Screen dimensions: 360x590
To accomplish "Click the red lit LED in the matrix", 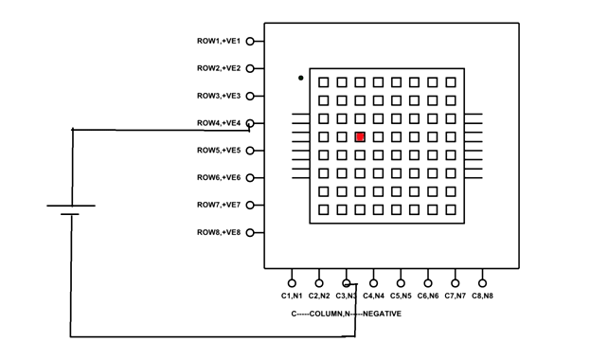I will tap(360, 137).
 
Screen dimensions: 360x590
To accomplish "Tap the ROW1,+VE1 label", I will tap(219, 41).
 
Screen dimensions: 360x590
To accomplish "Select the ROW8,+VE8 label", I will tap(219, 232).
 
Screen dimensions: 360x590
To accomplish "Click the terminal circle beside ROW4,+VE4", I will tap(250, 123).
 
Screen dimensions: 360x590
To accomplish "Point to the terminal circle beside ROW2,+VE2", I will tap(250, 68).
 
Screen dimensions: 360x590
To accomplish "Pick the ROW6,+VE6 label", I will tap(219, 177).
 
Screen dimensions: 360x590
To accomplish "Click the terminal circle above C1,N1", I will tap(292, 281).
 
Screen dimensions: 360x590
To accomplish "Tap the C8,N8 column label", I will tap(483, 296).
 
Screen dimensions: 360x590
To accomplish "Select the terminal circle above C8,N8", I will tap(483, 281).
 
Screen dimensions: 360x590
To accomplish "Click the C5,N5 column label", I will tap(401, 296).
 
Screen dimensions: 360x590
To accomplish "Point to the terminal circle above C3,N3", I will tap(347, 281).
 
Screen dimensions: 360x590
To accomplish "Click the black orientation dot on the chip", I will tap(300, 78).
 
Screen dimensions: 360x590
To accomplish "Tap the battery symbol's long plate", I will tap(71, 205).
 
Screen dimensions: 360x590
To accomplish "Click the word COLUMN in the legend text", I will tap(327, 313).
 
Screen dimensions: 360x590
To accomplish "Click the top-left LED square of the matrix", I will tap(324, 82).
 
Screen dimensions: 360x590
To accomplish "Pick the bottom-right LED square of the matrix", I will tap(451, 209).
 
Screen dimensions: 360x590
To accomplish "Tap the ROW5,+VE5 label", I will tap(219, 151).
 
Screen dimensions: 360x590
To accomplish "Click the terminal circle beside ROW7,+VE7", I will tap(250, 205).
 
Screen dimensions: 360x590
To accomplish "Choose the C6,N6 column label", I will tap(428, 296).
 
